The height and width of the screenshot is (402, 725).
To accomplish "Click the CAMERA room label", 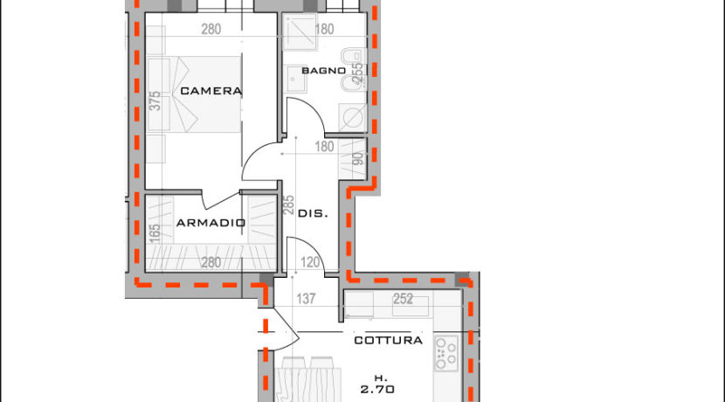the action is pyautogui.click(x=211, y=91).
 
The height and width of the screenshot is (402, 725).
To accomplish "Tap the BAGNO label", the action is pyautogui.click(x=324, y=71).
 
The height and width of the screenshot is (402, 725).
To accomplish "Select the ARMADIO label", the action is pyautogui.click(x=211, y=223).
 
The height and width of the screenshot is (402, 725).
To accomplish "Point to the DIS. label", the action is pyautogui.click(x=313, y=214).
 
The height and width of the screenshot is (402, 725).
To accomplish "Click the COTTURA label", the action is pyautogui.click(x=389, y=341).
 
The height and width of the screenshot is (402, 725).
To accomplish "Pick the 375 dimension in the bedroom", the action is pyautogui.click(x=155, y=100).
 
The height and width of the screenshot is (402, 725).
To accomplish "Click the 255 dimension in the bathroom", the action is pyautogui.click(x=357, y=73).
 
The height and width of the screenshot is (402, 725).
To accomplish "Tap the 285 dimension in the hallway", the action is pyautogui.click(x=288, y=204).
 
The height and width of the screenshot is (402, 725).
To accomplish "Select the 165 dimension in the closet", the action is pyautogui.click(x=155, y=232).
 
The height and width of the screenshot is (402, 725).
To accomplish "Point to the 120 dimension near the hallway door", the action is pyautogui.click(x=310, y=262).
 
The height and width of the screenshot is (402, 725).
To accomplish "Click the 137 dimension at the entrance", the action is pyautogui.click(x=306, y=299).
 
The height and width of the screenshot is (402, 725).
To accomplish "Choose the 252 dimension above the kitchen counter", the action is pyautogui.click(x=403, y=299).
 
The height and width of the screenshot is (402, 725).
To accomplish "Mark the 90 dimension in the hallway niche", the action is pyautogui.click(x=358, y=159).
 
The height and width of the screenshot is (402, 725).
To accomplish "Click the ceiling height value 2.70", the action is pyautogui.click(x=377, y=390).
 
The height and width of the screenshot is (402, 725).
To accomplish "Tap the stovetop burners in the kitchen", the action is pyautogui.click(x=446, y=353).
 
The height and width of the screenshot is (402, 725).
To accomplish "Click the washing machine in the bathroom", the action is pyautogui.click(x=352, y=117).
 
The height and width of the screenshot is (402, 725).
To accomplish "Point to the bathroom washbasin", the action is pyautogui.click(x=294, y=79).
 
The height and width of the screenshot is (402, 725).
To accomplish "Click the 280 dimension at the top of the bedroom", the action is pyautogui.click(x=211, y=29).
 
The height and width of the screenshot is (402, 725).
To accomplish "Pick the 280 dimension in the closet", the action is pyautogui.click(x=211, y=262).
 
